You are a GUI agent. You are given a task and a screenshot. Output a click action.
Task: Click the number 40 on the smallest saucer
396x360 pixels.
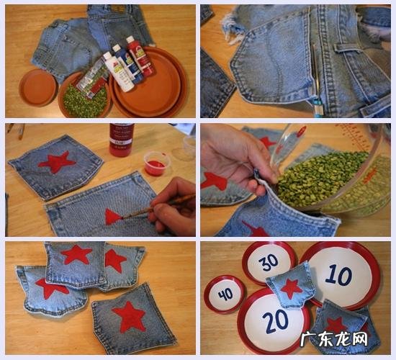[226, 294]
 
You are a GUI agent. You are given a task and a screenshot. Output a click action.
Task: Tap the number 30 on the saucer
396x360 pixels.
[269, 263]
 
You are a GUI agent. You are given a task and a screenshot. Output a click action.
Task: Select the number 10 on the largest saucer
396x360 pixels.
[338, 275]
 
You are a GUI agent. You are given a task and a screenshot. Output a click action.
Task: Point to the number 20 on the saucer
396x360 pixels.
[275, 322]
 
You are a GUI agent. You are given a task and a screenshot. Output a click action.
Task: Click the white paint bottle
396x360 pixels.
[119, 72]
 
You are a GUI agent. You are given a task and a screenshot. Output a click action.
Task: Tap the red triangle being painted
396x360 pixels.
[112, 217]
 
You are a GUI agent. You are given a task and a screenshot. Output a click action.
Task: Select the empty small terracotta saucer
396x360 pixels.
[38, 87]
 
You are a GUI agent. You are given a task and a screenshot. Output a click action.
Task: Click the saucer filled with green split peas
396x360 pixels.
[84, 96]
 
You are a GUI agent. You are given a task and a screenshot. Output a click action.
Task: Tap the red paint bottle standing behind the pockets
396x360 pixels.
[121, 140]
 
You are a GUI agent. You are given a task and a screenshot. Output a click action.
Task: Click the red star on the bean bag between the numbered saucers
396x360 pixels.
[291, 289]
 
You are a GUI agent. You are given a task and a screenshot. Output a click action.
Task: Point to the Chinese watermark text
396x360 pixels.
[334, 339]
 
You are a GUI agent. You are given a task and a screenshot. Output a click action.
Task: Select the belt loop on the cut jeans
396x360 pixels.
[348, 48]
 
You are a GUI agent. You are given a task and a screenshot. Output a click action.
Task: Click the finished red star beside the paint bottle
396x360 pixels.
[57, 162]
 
